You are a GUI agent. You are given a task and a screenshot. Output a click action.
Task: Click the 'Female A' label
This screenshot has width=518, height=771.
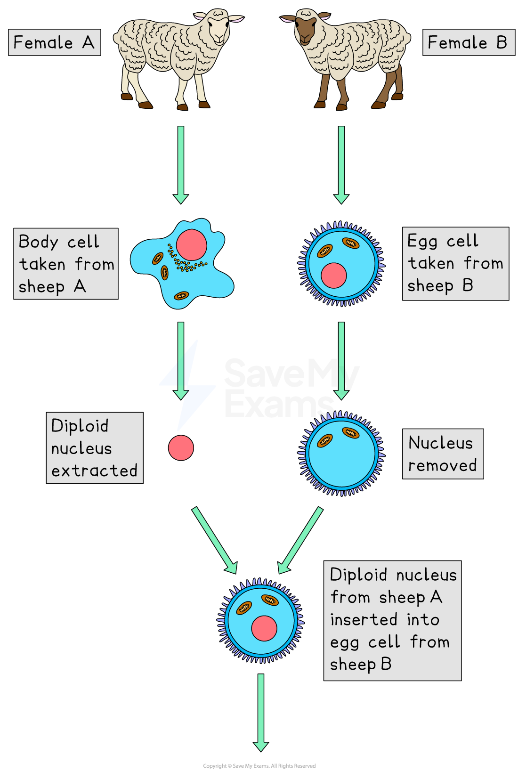point(54,42)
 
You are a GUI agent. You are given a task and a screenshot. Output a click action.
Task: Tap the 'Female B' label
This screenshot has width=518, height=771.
point(468,42)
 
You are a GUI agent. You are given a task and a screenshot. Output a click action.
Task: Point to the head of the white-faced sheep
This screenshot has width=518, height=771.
point(219,28)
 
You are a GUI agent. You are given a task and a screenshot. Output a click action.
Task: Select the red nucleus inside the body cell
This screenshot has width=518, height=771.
point(191,245)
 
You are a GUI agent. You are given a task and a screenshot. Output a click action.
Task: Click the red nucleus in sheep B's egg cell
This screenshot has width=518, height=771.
point(334,276)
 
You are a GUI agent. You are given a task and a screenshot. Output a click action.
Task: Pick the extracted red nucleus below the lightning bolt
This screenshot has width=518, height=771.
point(181,448)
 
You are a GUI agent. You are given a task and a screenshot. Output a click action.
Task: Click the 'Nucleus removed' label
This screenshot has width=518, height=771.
point(443,454)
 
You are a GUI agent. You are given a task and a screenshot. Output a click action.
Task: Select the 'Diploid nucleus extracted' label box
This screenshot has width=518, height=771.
point(94,448)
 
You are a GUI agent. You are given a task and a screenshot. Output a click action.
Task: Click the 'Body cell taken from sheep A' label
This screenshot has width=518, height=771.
point(65,264)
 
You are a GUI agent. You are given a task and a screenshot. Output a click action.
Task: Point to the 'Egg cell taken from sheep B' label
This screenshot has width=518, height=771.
point(455,264)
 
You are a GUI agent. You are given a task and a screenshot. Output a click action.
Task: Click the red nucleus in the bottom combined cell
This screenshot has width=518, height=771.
point(264,628)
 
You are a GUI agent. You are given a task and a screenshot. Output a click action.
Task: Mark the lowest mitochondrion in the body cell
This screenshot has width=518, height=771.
point(181,296)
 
